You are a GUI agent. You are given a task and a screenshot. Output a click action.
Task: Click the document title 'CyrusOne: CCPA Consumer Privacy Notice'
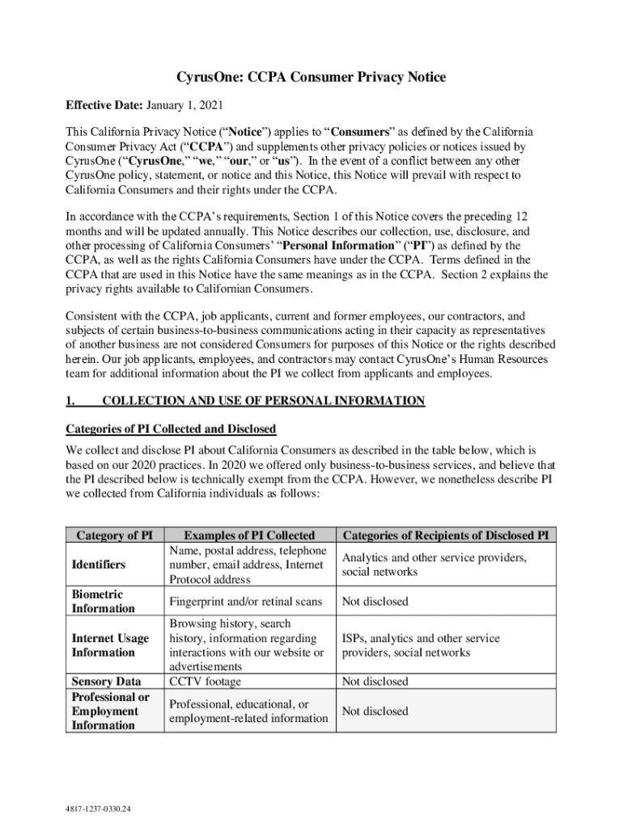[311, 78]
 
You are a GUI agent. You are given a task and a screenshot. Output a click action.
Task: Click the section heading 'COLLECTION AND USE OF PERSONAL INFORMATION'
[263, 401]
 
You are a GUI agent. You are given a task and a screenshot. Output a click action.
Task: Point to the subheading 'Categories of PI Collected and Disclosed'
[171, 429]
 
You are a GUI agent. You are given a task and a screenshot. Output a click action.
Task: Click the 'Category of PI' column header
[113, 535]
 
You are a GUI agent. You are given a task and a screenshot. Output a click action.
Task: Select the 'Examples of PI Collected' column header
[249, 535]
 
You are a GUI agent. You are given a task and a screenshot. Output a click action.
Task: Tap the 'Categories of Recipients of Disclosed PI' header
[449, 535]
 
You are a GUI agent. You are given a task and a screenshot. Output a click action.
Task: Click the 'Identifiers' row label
[98, 564]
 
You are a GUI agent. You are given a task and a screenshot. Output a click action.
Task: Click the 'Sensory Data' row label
[106, 682]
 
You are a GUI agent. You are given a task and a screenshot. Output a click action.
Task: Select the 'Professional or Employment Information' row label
[110, 711]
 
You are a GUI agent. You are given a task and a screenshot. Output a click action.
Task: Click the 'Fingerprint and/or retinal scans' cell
[246, 602]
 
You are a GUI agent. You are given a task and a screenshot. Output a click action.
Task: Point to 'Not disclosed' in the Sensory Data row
[375, 682]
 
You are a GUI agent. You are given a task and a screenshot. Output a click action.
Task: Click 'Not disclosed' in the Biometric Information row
[375, 602]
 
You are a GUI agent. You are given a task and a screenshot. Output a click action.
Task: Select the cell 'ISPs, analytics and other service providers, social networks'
[421, 645]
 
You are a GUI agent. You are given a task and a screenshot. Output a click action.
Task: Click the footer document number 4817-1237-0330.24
[100, 808]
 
